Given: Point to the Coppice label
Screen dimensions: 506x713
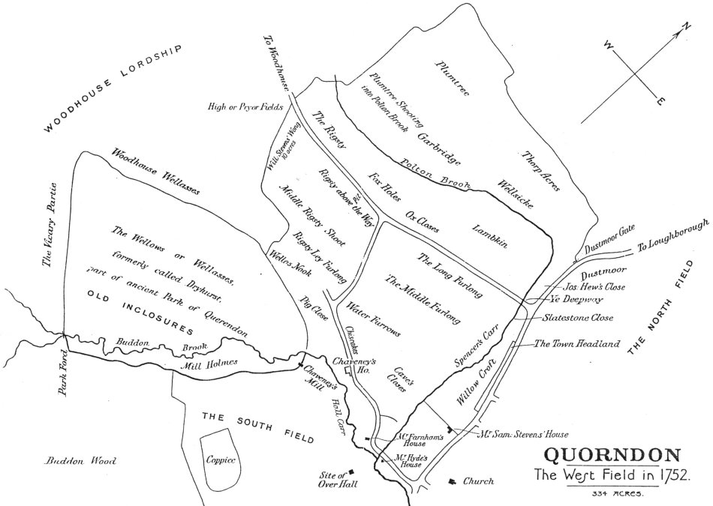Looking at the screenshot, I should [x=220, y=459].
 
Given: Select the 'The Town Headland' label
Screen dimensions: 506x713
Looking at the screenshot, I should [x=576, y=344].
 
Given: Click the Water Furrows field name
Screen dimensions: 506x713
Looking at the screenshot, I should [x=373, y=319].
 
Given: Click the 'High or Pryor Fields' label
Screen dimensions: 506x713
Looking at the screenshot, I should [x=245, y=107].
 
